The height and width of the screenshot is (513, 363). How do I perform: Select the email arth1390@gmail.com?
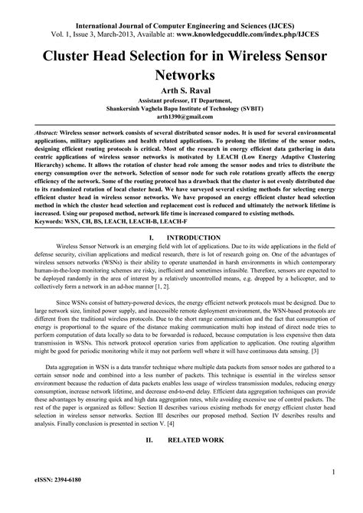(x=181, y=118)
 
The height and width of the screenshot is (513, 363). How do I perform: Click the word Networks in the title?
(x=181, y=75)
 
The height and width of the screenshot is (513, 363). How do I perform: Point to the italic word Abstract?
(x=31, y=132)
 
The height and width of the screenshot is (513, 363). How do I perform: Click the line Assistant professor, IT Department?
(x=181, y=100)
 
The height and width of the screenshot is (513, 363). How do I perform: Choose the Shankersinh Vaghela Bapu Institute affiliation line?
(x=181, y=109)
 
